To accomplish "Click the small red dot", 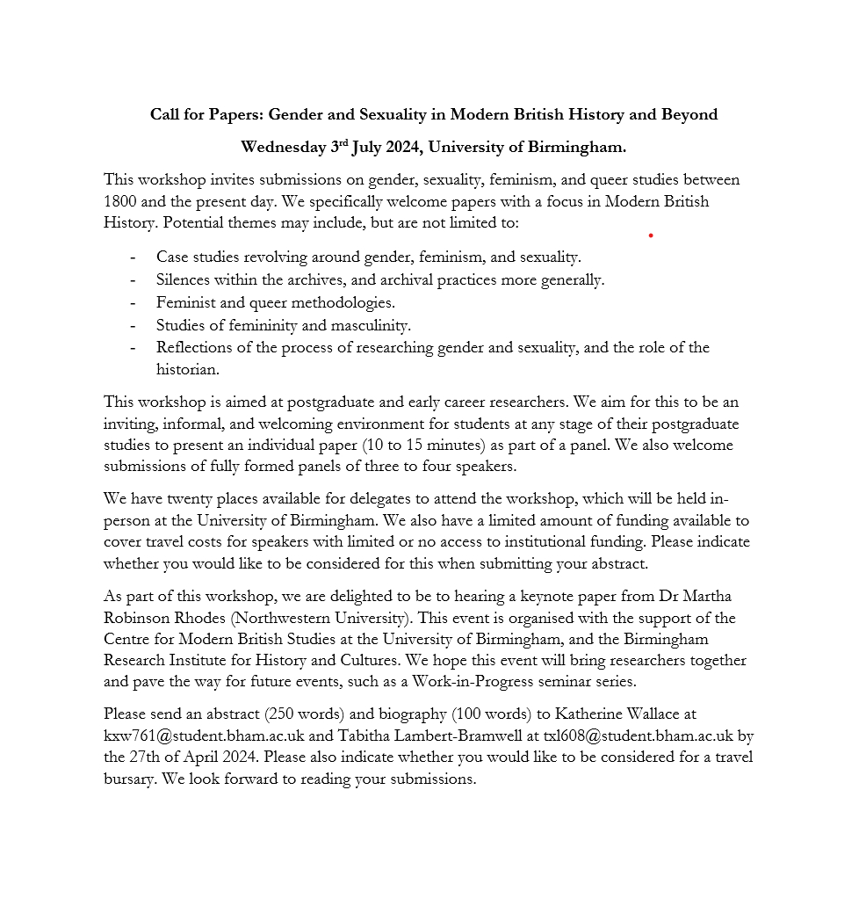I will (x=651, y=236).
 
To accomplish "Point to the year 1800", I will (x=119, y=201).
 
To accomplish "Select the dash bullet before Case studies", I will (x=133, y=257).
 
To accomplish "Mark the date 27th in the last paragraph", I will (x=145, y=757).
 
